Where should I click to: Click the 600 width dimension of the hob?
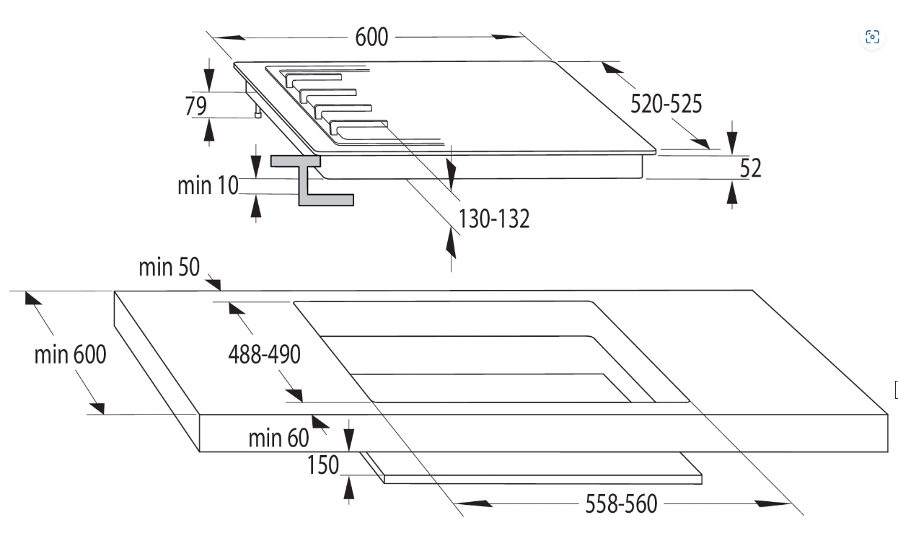pyautogui.click(x=371, y=37)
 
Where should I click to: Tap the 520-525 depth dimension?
pyautogui.click(x=666, y=104)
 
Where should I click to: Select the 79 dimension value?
pyautogui.click(x=196, y=106)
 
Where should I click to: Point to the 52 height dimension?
pyautogui.click(x=750, y=168)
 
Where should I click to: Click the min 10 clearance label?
pyautogui.click(x=208, y=185)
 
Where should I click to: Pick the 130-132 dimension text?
pyautogui.click(x=494, y=219)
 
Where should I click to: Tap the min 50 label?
pyautogui.click(x=170, y=267)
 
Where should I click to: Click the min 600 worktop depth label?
pyautogui.click(x=70, y=355)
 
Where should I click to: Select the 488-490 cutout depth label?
pyautogui.click(x=264, y=355)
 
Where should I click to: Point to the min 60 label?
pyautogui.click(x=278, y=438)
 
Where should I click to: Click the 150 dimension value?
pyautogui.click(x=323, y=465)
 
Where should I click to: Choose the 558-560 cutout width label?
pyautogui.click(x=621, y=503)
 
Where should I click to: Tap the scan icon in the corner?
pyautogui.click(x=872, y=37)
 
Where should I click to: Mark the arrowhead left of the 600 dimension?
pyautogui.click(x=229, y=38)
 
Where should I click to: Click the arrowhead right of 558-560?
pyautogui.click(x=772, y=503)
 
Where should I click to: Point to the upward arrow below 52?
pyautogui.click(x=732, y=193)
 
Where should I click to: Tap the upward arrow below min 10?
pyautogui.click(x=256, y=206)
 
